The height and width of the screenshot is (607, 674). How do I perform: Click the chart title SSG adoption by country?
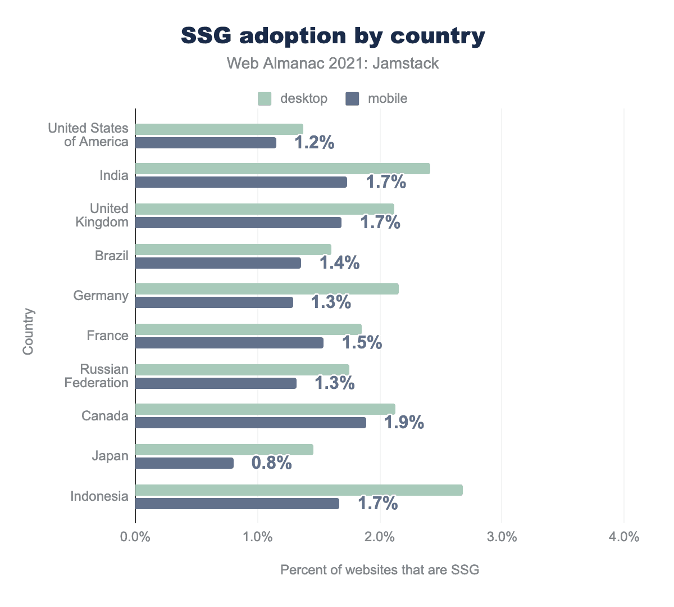tap(333, 36)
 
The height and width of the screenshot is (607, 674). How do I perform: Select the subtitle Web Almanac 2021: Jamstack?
tap(333, 63)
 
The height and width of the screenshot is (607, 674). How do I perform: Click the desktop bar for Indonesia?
tap(299, 490)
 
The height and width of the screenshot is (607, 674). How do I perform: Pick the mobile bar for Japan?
tap(184, 463)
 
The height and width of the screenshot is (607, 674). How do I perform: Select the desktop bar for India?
tap(283, 169)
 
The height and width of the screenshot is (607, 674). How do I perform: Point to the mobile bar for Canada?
tap(251, 423)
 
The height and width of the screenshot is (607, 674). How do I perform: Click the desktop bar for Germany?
tap(267, 289)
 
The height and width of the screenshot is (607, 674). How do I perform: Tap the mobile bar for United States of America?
tap(206, 143)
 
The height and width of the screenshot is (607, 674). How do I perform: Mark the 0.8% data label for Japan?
tap(271, 463)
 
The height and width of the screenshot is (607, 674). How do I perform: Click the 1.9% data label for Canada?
tap(404, 423)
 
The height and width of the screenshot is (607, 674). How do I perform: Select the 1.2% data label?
tap(315, 143)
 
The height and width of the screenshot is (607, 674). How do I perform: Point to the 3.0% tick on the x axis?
tap(502, 537)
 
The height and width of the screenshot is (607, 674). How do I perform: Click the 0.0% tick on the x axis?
tap(135, 537)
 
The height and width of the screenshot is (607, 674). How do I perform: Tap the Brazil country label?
tap(112, 256)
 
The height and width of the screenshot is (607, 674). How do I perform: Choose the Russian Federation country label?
tap(104, 376)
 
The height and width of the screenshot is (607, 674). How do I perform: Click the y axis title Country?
tap(29, 331)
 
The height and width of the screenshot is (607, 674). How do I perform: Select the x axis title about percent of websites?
tap(380, 570)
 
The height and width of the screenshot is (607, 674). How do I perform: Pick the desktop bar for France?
tap(248, 329)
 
